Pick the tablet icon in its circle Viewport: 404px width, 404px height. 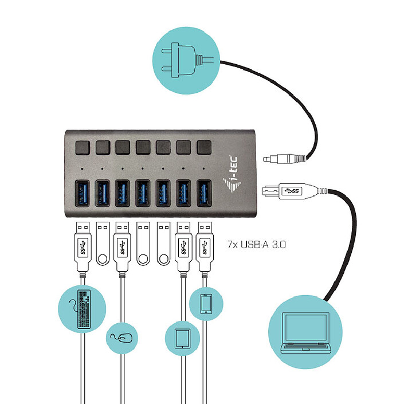[x=183, y=339]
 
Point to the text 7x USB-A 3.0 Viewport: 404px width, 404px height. [x=257, y=245]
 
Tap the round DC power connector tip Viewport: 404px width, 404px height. [x=269, y=159]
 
